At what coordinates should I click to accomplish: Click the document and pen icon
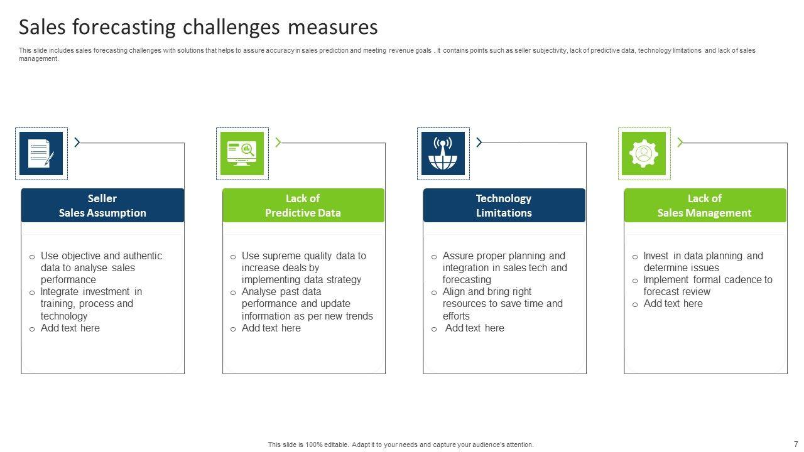tap(41, 153)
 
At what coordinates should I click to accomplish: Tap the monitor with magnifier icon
tap(242, 153)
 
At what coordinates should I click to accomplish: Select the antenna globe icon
tap(443, 153)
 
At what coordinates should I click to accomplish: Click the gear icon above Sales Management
tap(644, 153)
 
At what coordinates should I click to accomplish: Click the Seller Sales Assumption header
tap(102, 205)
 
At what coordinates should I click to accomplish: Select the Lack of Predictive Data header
tap(303, 205)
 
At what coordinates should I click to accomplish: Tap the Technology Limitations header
tap(504, 205)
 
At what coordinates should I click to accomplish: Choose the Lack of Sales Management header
tap(705, 205)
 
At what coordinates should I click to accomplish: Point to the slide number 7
tap(796, 444)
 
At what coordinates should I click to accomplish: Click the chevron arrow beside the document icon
tap(77, 143)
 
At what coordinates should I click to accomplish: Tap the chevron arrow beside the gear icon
tap(680, 143)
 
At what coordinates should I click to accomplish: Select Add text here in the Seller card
tap(70, 328)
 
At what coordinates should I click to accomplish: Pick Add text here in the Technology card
tap(474, 328)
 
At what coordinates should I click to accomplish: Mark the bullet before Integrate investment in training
tap(32, 293)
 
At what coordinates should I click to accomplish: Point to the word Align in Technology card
tap(455, 291)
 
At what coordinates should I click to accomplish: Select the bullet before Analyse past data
tap(233, 293)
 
